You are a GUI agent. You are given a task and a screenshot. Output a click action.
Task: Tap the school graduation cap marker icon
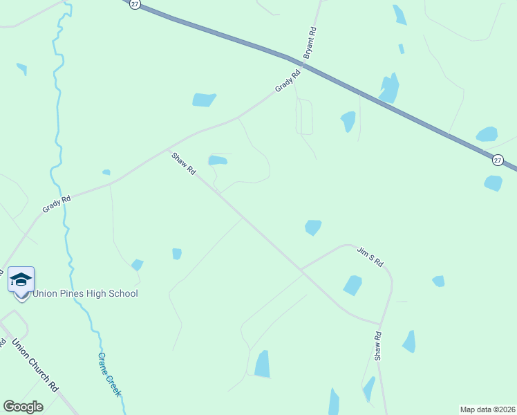tap(21, 279)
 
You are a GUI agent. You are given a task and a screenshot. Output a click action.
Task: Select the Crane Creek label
tap(109, 373)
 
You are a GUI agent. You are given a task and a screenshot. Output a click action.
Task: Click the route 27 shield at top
tap(135, 4)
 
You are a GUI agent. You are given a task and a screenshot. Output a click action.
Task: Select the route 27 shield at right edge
tap(498, 160)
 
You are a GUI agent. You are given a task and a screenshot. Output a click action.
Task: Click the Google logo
tap(23, 406)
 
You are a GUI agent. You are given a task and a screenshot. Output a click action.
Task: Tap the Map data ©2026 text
tap(487, 409)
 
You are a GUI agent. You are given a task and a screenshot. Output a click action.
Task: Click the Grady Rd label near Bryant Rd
tap(288, 80)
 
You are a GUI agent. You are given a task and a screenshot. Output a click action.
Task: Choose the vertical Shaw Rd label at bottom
tap(378, 346)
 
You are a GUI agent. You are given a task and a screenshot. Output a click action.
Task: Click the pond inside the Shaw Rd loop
tap(218, 160)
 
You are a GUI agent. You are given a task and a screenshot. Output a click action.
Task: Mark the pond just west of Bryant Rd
tap(204, 100)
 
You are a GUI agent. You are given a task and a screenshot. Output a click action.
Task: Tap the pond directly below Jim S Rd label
tap(352, 285)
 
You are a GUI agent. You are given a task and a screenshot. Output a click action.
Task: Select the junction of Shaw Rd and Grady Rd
tap(169, 147)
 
